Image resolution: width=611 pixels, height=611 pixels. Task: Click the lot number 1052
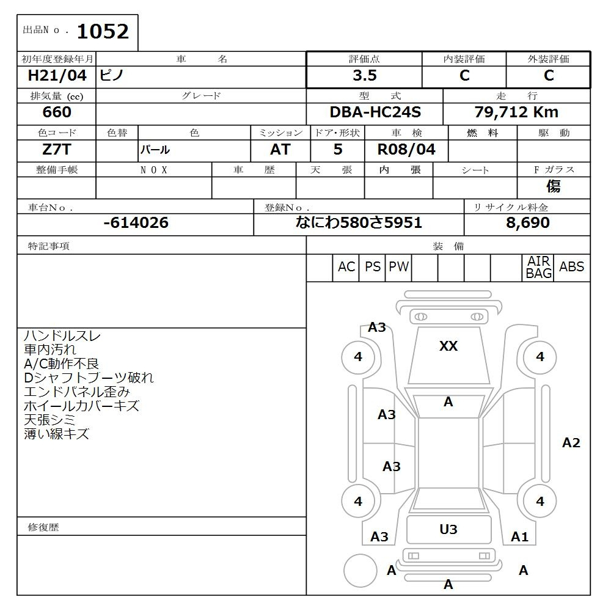coord(103,32)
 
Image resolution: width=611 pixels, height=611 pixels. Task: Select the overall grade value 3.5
coord(365,76)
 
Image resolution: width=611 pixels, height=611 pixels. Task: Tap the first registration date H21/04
coord(57,76)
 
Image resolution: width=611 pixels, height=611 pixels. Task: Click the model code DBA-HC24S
coord(375,112)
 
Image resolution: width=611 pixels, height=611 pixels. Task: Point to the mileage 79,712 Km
coord(516,112)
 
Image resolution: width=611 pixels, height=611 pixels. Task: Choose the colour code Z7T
coord(57,150)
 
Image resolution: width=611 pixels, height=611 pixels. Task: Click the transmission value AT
coord(280,150)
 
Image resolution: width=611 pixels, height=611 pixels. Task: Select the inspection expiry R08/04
coord(406,150)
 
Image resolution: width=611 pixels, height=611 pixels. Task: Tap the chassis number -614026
coord(136,222)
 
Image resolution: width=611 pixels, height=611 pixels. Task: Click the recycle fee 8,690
coord(528,222)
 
